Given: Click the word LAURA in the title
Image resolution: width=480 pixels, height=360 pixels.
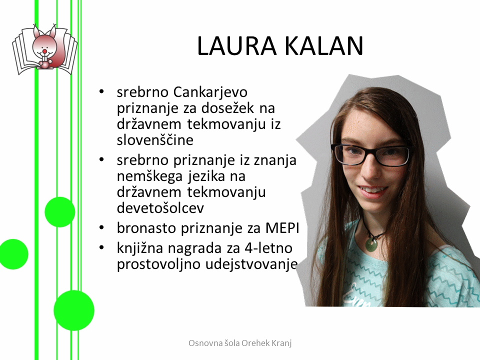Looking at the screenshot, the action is [237, 45].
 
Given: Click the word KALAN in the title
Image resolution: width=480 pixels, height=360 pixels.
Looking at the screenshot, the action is [324, 45].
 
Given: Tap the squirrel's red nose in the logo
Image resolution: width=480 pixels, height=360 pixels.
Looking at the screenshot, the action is [44, 50].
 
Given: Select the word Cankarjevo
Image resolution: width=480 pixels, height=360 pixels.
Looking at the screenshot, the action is [210, 92].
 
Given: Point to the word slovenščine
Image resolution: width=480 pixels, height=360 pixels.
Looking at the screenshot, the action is [155, 140].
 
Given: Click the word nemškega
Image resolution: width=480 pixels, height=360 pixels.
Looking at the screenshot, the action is [149, 177].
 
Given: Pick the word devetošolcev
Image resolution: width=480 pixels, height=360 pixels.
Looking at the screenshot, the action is [160, 208].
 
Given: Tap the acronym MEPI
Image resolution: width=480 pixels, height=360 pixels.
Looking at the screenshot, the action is [282, 228].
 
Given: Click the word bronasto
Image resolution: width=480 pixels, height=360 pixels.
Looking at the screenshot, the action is [146, 228].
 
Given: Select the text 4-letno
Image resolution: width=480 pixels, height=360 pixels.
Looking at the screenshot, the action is [268, 248].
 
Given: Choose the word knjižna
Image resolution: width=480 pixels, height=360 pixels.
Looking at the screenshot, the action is [140, 248].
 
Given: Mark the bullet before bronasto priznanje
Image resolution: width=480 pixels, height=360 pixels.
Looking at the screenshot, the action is [101, 228].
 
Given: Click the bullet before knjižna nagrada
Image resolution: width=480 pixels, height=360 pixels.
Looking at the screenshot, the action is [101, 247].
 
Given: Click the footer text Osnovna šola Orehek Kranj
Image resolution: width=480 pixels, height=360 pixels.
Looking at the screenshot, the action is [240, 343].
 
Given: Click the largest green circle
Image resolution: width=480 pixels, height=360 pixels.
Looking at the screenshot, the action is [74, 310].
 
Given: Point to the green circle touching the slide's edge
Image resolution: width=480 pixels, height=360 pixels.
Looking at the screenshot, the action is [13, 254].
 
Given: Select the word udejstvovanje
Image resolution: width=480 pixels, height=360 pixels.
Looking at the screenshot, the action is [251, 264].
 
